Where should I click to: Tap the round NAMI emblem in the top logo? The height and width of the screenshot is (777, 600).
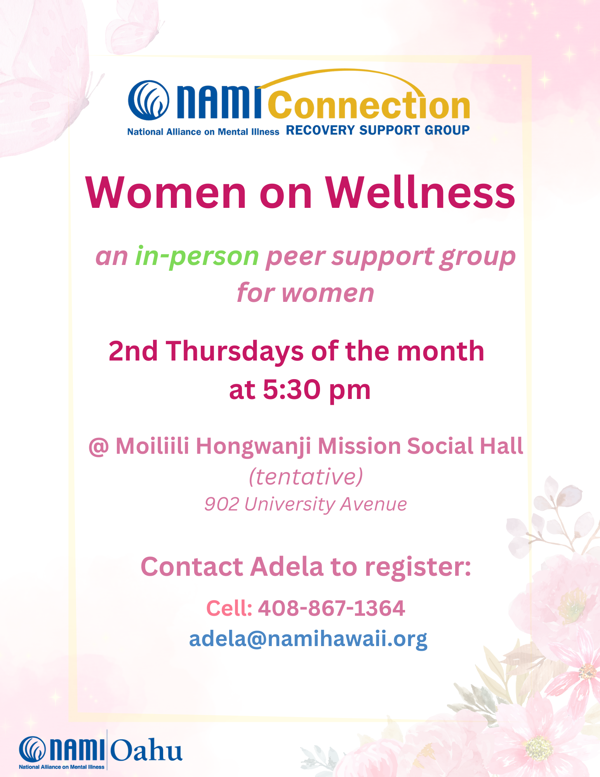(x=149, y=100)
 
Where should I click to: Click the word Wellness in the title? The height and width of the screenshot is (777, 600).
(x=420, y=193)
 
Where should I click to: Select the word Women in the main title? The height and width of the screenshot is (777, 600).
(x=166, y=193)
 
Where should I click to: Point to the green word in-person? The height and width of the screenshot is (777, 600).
(x=197, y=257)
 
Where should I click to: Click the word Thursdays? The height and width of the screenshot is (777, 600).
(x=235, y=351)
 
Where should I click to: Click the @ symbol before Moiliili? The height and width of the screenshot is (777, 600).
(x=98, y=446)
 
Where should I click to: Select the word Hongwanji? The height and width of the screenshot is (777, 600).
(x=253, y=446)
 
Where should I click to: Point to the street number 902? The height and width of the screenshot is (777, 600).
(x=221, y=504)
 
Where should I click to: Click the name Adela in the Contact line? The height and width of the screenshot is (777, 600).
(x=287, y=566)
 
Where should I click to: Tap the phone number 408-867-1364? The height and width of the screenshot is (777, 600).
(x=331, y=608)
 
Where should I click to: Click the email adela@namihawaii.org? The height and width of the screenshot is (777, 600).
(x=308, y=639)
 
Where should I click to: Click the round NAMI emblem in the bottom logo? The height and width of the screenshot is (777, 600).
(x=33, y=749)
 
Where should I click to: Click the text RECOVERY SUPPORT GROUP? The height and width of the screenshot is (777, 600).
(x=377, y=130)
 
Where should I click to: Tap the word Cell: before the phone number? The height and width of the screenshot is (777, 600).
(x=229, y=608)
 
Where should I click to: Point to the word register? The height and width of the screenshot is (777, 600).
(x=418, y=566)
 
